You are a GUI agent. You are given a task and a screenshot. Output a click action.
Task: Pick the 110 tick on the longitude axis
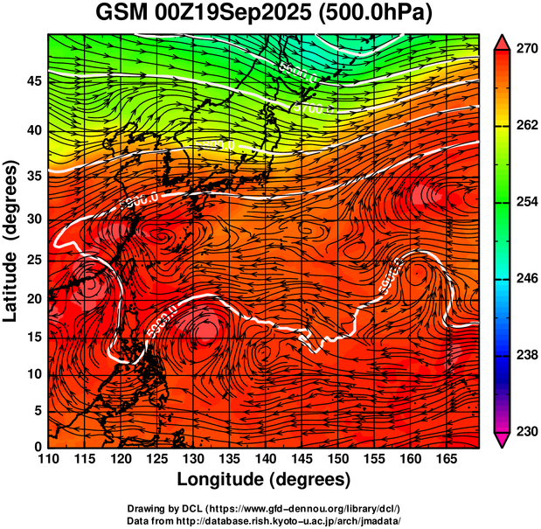point(48,458)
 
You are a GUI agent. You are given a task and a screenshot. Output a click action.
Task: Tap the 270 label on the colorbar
point(522,50)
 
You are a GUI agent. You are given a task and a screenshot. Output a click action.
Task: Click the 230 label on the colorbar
point(522,431)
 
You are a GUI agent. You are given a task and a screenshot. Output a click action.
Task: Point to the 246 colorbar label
point(522,279)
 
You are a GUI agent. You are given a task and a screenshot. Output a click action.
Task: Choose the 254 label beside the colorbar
point(522,203)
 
